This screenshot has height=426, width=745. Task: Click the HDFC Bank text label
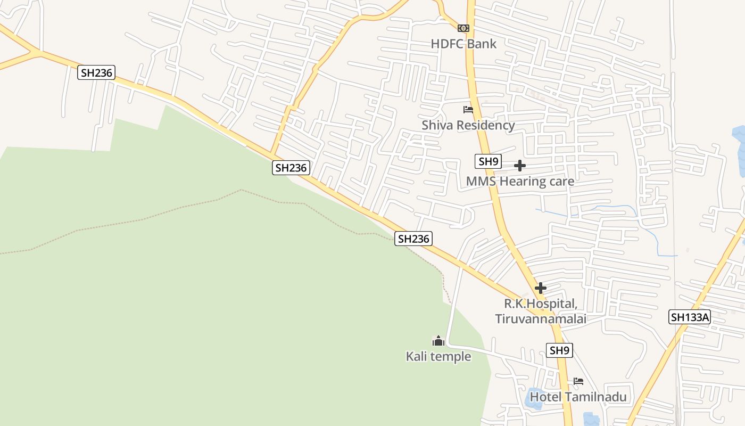(463, 44)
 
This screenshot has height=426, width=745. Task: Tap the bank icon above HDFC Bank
(463, 28)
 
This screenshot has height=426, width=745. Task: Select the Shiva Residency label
(468, 125)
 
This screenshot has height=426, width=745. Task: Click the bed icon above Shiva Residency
(468, 110)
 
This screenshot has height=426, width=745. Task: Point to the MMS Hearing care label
(520, 182)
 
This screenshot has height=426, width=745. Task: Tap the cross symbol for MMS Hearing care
(520, 166)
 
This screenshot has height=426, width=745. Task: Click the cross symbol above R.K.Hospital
(541, 288)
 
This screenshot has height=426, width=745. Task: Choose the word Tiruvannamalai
(540, 319)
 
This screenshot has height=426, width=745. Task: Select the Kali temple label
(438, 356)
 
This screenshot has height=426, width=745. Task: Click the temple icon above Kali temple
(438, 341)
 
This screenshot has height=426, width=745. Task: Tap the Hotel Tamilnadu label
(578, 397)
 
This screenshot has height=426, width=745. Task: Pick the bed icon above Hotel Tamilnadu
(578, 381)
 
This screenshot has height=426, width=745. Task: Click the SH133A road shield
(690, 317)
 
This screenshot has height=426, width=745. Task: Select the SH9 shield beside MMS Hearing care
(488, 161)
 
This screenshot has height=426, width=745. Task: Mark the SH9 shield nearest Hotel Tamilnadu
(560, 350)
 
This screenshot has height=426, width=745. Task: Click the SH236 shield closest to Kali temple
(413, 239)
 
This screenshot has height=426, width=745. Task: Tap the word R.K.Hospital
(540, 304)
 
